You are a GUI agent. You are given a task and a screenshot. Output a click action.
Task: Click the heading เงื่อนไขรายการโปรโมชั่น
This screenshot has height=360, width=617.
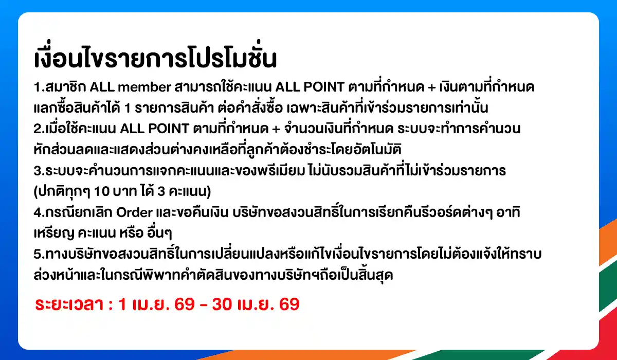pyautogui.click(x=155, y=59)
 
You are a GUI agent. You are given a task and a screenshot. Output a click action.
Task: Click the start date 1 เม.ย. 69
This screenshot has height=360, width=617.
pyautogui.click(x=156, y=304)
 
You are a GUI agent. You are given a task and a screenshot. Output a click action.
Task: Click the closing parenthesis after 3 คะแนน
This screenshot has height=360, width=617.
pyautogui.click(x=209, y=191)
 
